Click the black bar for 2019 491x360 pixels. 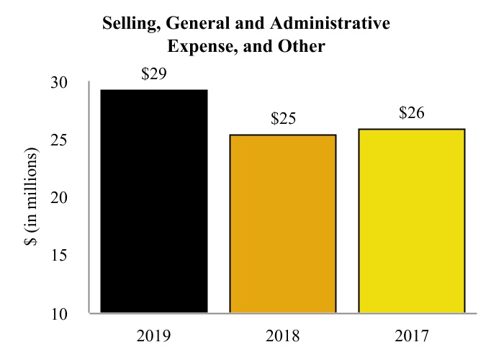[x=154, y=202]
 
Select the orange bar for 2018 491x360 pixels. [x=283, y=224]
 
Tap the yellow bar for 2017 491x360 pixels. [x=411, y=221]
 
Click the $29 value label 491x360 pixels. [x=154, y=74]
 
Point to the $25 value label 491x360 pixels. [x=284, y=119]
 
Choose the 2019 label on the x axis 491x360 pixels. [x=154, y=336]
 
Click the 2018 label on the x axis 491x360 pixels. [x=283, y=336]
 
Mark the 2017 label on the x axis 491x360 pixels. [x=412, y=336]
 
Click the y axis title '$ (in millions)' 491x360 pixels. [x=31, y=198]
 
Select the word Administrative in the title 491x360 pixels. [x=337, y=24]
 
